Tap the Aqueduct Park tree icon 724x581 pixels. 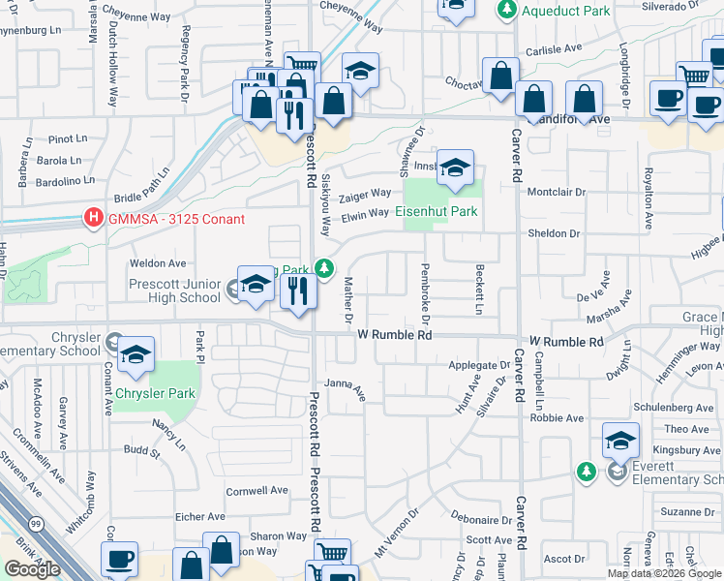pos(505,11)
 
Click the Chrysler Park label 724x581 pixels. pos(155,394)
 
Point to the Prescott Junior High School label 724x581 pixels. pos(175,290)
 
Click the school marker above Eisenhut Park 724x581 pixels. pos(454,169)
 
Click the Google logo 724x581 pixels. pos(32,569)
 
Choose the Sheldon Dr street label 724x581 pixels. pos(553,233)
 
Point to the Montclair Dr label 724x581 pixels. pos(557,192)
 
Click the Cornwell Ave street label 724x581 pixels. pos(257,491)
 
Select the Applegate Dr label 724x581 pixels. pos(479,366)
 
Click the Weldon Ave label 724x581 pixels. pos(158,262)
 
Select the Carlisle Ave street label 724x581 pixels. pos(553,48)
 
